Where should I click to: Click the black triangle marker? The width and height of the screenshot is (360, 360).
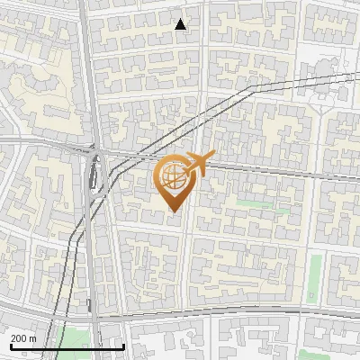181,24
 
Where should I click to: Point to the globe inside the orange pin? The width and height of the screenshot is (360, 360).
173,176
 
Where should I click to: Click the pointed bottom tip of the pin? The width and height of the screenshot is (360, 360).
173,211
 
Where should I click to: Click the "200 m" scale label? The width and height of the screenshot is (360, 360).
23,337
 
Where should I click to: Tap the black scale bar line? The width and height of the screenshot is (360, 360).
67,346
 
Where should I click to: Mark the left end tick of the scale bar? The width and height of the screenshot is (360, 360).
10,345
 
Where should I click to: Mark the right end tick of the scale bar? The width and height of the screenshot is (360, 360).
123,345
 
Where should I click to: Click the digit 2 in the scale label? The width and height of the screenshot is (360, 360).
13,337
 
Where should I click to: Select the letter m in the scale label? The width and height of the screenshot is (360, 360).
33,338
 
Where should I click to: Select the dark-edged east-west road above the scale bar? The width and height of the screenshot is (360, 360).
225,316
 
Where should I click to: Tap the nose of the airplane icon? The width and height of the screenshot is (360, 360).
214,159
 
